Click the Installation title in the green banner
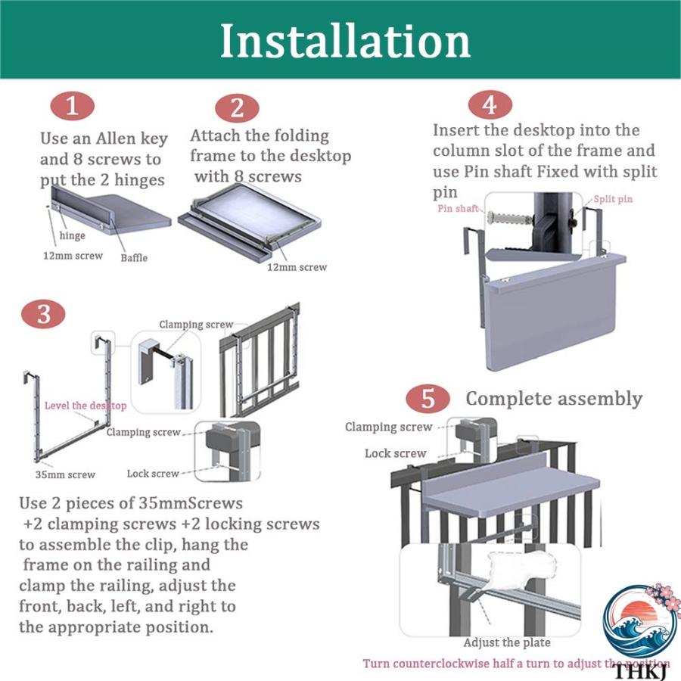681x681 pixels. (345, 42)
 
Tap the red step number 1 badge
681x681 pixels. (72, 106)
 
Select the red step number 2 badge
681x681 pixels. (237, 108)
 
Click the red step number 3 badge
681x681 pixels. (43, 314)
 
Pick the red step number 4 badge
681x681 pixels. (490, 105)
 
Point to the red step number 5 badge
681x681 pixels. (428, 399)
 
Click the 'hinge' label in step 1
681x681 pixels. (72, 236)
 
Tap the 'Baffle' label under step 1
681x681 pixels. (134, 258)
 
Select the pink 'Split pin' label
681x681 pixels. (613, 199)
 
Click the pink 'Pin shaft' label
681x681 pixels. (458, 209)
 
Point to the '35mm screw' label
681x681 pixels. (65, 474)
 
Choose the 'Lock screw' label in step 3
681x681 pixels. (153, 474)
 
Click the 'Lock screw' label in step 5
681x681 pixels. (395, 453)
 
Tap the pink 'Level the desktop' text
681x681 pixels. (86, 406)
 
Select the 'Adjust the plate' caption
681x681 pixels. (507, 642)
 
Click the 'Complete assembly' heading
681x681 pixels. (554, 399)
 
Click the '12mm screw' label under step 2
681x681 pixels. (297, 268)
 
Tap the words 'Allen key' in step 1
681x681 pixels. (132, 139)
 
